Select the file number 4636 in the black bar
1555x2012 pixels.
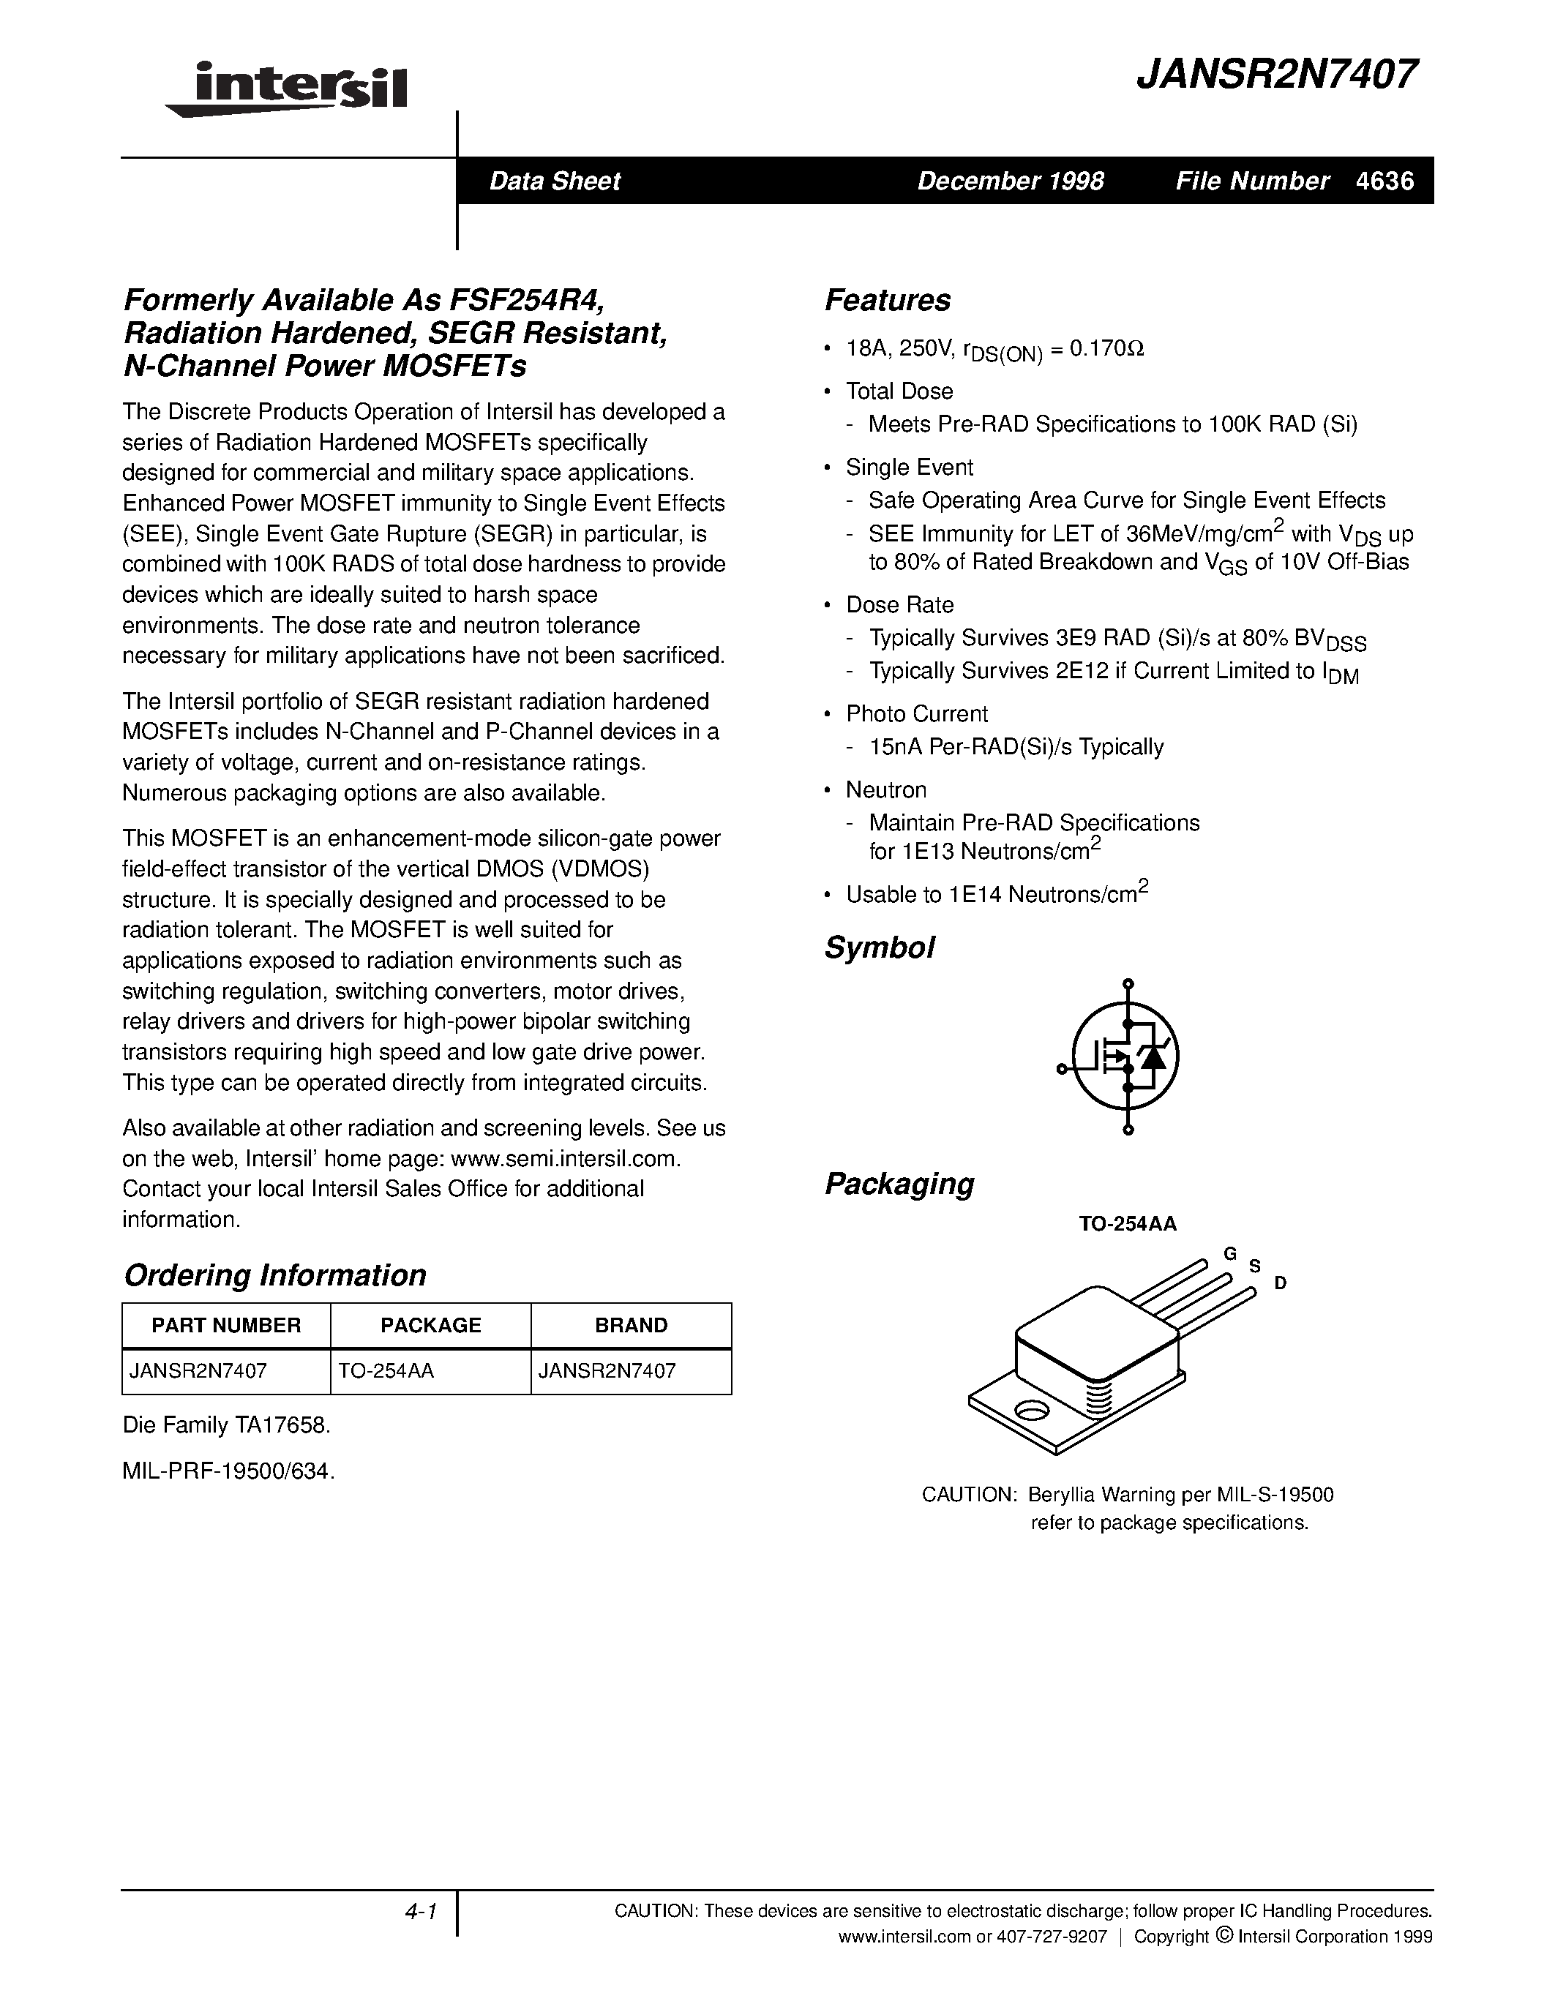(x=1384, y=181)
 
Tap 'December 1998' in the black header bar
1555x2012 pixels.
(x=1010, y=181)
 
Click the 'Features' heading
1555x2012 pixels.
(x=887, y=300)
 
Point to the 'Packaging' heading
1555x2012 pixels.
(x=898, y=1183)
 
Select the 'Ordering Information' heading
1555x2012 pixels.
(x=274, y=1275)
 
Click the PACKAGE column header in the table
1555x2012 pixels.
(x=430, y=1325)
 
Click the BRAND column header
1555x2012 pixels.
(x=631, y=1325)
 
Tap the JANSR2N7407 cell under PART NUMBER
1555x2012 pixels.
(x=198, y=1371)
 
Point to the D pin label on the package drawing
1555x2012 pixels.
(x=1280, y=1283)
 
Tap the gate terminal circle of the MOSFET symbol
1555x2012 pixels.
(x=1061, y=1069)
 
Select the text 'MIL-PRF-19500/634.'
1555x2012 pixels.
(x=228, y=1471)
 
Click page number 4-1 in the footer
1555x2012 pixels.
(x=420, y=1912)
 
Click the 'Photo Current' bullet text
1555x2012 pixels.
(x=917, y=714)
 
